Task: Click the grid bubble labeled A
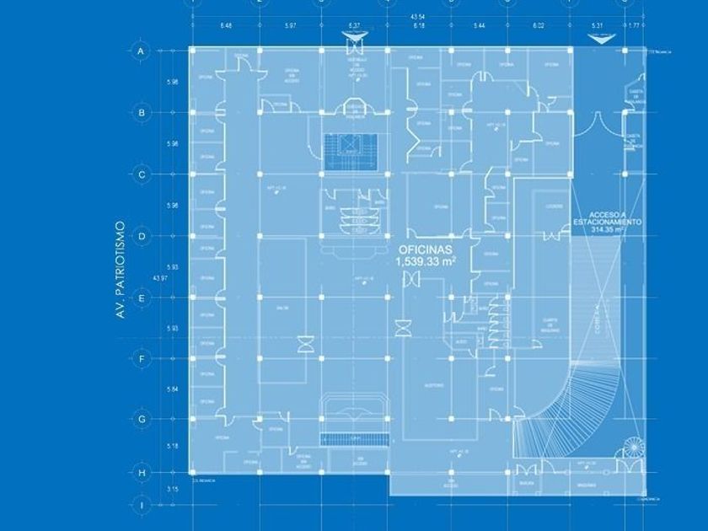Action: coord(142,51)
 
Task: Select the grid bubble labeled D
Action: coord(142,236)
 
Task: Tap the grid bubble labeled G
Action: coord(142,419)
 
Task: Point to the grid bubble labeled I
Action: coord(142,506)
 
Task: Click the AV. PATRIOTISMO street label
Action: coord(121,270)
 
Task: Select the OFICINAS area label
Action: coord(426,250)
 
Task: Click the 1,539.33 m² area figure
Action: coord(426,262)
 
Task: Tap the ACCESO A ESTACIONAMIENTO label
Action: coord(608,217)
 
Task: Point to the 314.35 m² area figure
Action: coord(608,229)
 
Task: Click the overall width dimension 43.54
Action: coord(417,17)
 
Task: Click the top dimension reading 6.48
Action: coord(226,26)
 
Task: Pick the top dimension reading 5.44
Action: coord(479,26)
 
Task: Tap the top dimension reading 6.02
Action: coord(539,26)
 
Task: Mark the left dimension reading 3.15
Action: coord(173,489)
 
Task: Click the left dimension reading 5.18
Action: coord(173,446)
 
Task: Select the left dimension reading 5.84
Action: coord(173,389)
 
